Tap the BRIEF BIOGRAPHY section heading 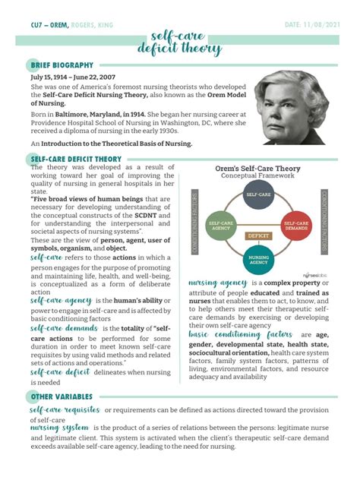(62, 65)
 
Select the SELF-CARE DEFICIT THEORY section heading (76, 159)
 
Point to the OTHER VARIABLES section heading (62, 396)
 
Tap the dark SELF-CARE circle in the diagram (255, 196)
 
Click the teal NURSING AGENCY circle (256, 260)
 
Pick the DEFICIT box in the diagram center (257, 236)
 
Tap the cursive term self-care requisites (66, 410)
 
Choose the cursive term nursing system (60, 428)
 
